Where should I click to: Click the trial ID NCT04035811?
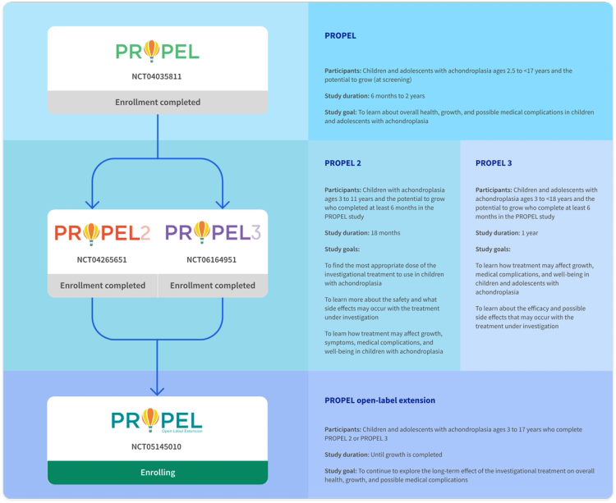(x=158, y=76)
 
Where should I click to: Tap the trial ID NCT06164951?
(x=213, y=260)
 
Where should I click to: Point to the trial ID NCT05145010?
(x=158, y=447)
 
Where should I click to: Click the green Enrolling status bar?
(x=158, y=473)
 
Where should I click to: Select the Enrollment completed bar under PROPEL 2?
(x=103, y=286)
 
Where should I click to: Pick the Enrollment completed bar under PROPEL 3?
(x=213, y=286)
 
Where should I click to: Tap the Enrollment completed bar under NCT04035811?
(x=158, y=103)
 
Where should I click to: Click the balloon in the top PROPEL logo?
(x=152, y=52)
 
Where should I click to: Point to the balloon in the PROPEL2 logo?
(x=90, y=234)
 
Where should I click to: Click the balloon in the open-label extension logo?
(x=152, y=419)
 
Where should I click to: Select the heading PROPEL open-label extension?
(x=380, y=400)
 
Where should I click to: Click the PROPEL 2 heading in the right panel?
(x=343, y=162)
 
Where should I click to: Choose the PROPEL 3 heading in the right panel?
(x=494, y=162)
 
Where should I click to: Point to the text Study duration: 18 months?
(x=361, y=232)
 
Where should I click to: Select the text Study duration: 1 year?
(x=506, y=232)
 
